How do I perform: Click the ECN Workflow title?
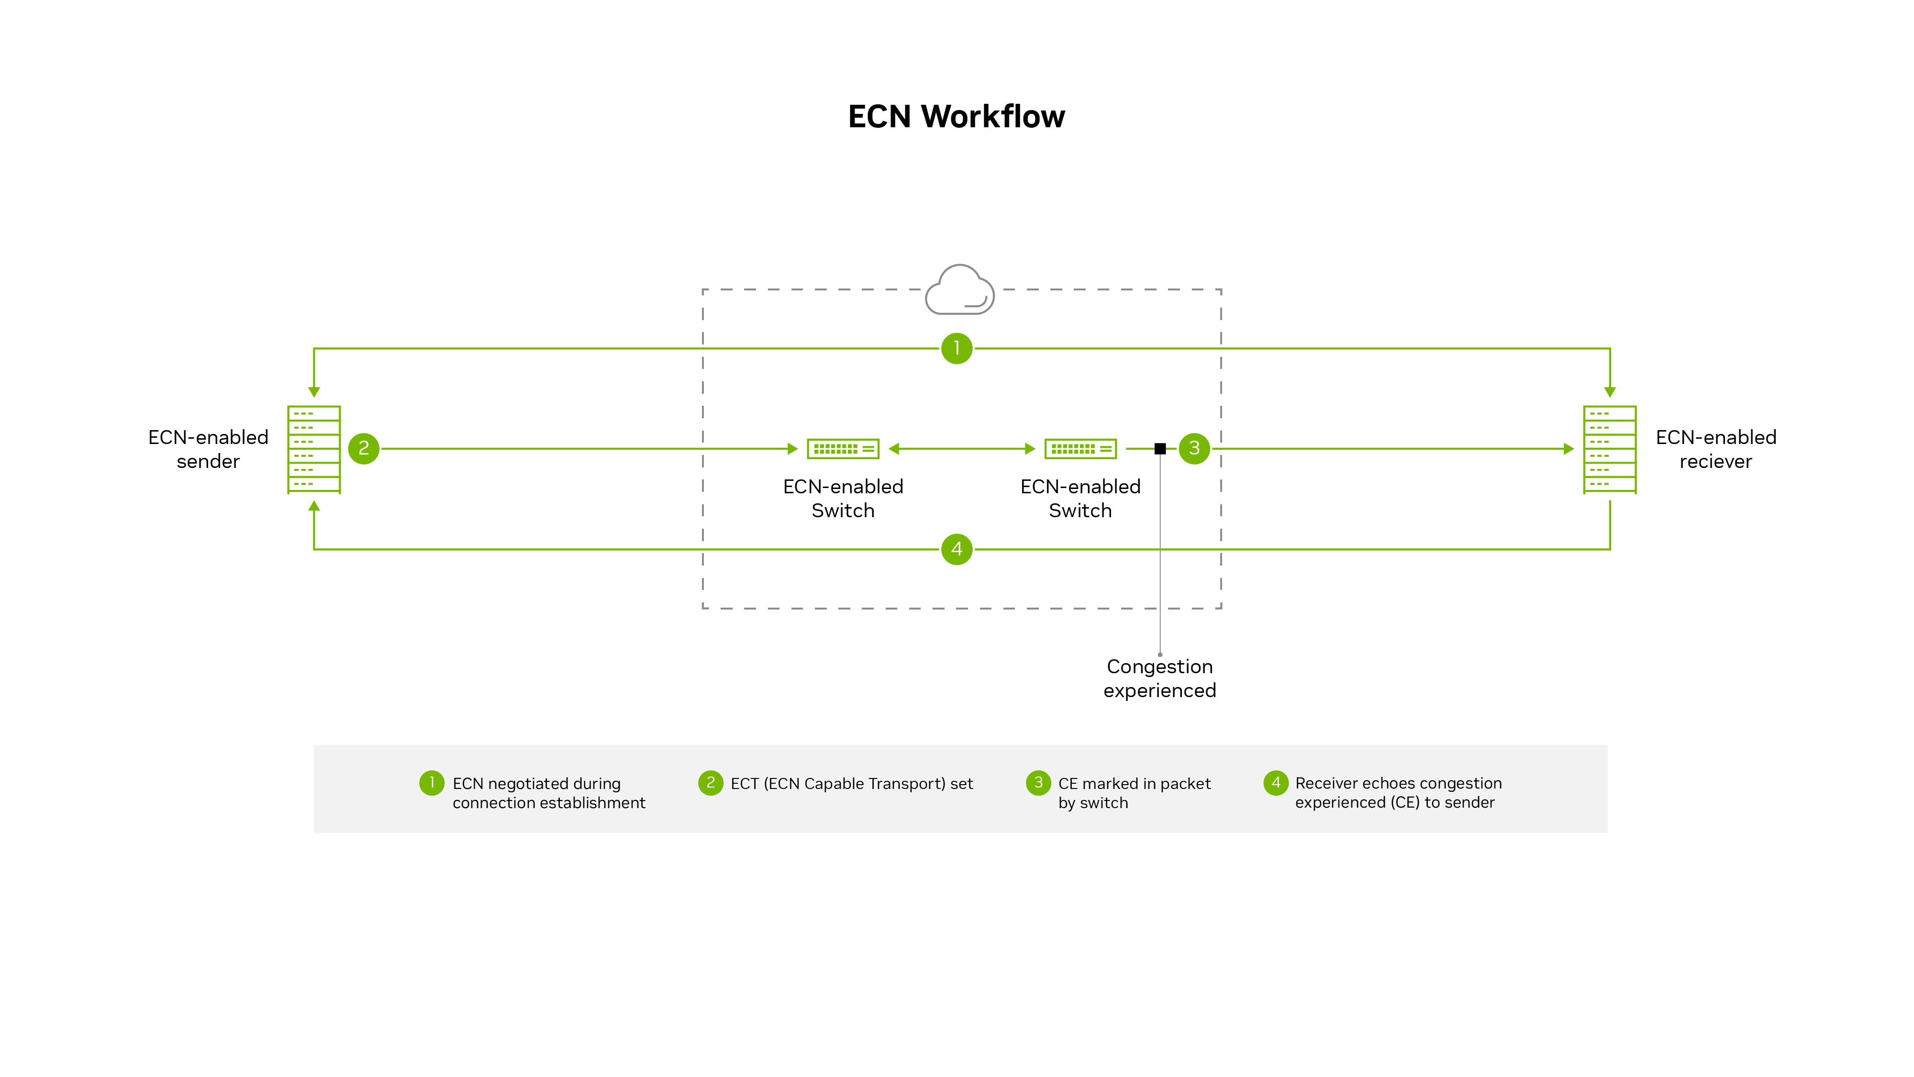(956, 117)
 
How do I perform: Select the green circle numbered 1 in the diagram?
(956, 348)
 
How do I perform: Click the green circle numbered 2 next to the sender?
(363, 449)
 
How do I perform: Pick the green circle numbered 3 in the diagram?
(1194, 449)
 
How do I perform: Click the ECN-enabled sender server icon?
(313, 449)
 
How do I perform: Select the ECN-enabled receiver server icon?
(1609, 449)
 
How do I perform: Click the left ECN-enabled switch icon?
(843, 449)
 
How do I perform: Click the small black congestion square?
(1160, 449)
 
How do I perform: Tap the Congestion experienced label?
(1159, 678)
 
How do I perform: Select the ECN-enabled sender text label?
(208, 449)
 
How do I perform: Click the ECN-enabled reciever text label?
(1715, 449)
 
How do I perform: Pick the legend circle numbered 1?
(432, 783)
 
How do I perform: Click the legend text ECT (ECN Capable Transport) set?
(852, 784)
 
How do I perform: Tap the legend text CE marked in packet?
(1134, 784)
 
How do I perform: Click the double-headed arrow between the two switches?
(961, 449)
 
